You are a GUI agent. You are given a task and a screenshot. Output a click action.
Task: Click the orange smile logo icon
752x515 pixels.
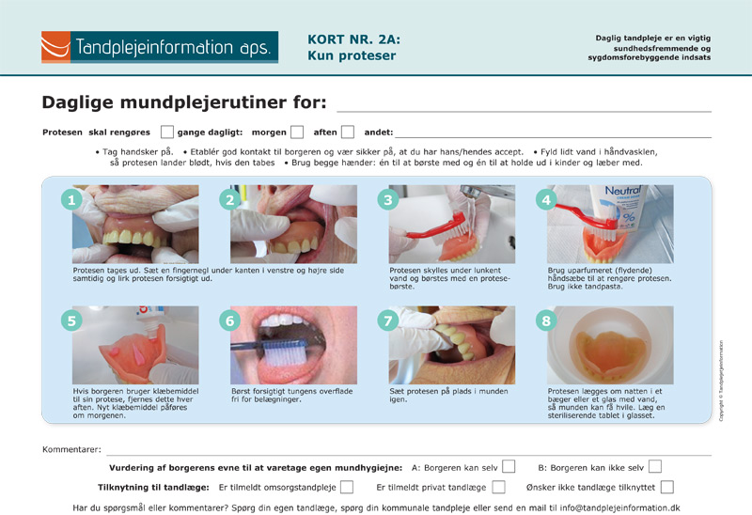pyautogui.click(x=55, y=47)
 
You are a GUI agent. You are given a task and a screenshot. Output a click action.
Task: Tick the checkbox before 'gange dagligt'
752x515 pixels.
pyautogui.click(x=167, y=132)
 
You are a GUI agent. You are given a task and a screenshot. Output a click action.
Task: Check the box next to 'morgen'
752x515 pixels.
pyautogui.click(x=297, y=132)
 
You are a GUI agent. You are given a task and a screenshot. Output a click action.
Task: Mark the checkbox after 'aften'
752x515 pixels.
pyautogui.click(x=348, y=132)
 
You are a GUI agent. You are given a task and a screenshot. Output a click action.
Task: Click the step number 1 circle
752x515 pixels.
pyautogui.click(x=71, y=199)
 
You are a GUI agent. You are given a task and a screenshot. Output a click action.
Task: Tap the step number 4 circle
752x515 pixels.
pyautogui.click(x=546, y=199)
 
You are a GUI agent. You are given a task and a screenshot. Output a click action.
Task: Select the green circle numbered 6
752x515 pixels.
pyautogui.click(x=229, y=320)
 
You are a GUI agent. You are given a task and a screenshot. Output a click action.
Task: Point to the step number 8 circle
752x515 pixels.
pyautogui.click(x=546, y=320)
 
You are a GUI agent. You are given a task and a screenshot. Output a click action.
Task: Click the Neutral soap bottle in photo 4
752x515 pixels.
pyautogui.click(x=619, y=207)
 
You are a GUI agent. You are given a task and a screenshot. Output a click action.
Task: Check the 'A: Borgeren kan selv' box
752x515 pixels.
pyautogui.click(x=509, y=466)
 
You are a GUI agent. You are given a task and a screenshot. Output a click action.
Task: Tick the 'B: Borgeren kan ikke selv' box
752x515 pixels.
pyautogui.click(x=655, y=466)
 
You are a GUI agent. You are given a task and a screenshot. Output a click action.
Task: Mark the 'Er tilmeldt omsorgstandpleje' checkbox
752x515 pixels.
pyautogui.click(x=347, y=487)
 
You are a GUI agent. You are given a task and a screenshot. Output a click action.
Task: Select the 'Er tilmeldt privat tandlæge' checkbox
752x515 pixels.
pyautogui.click(x=499, y=487)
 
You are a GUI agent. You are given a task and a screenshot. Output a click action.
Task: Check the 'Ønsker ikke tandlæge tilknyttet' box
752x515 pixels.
pyautogui.click(x=667, y=487)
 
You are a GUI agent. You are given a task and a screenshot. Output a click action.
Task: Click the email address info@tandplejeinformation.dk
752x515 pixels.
pyautogui.click(x=619, y=507)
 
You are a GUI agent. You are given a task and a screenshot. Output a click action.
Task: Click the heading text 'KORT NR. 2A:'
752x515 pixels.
pyautogui.click(x=354, y=39)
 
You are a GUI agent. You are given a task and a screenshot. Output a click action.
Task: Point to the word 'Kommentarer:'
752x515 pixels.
pyautogui.click(x=72, y=450)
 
